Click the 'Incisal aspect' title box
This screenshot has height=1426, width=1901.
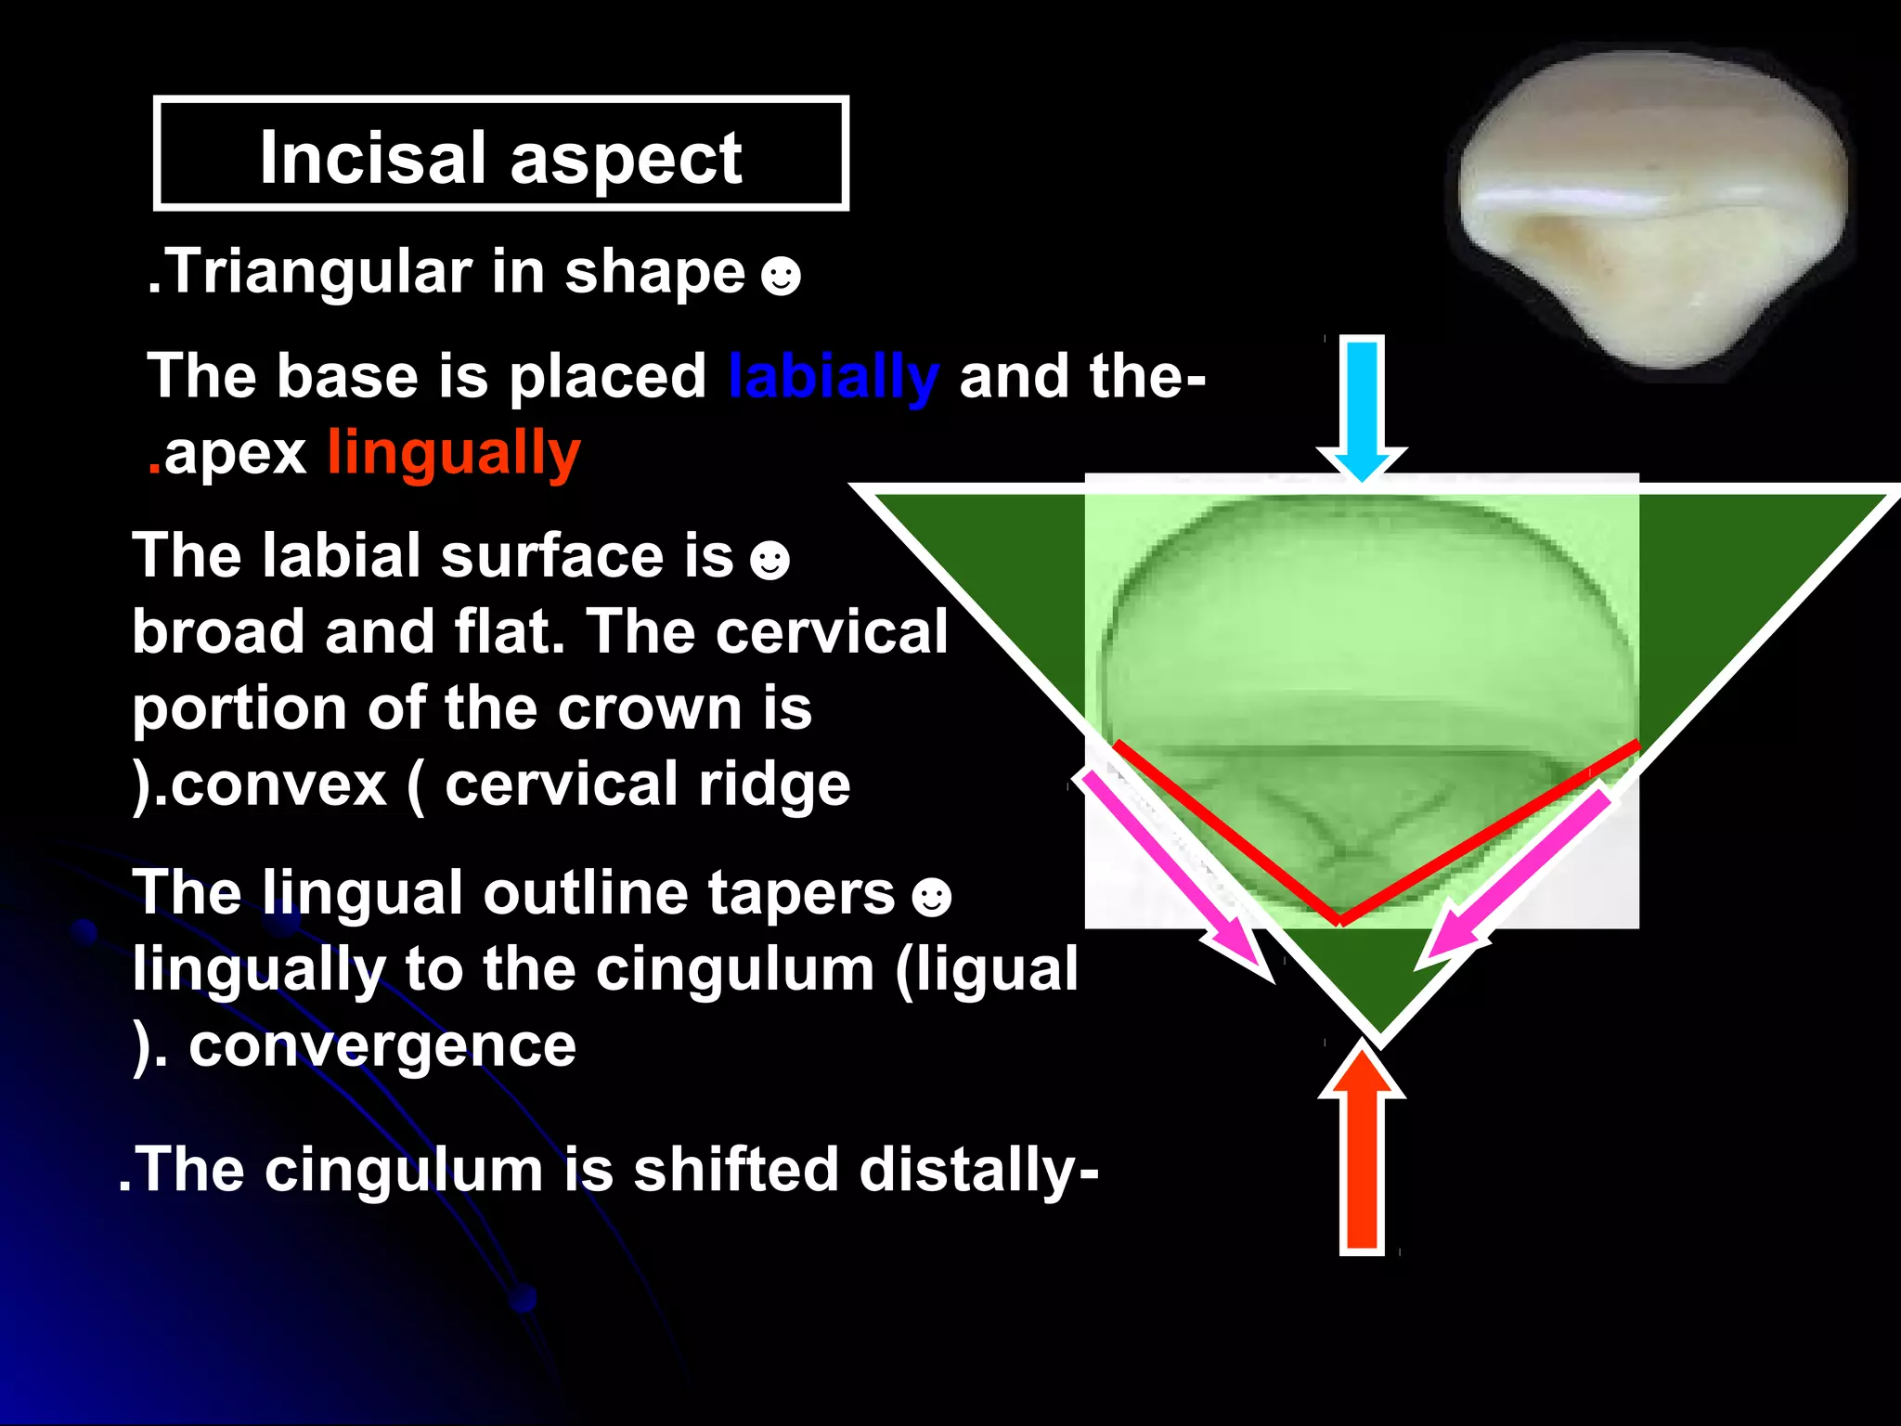(500, 154)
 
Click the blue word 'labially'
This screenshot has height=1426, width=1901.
(833, 378)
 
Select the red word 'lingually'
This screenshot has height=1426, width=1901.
(454, 453)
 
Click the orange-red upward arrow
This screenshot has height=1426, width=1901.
(1362, 1151)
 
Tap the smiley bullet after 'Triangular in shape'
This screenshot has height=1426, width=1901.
(780, 276)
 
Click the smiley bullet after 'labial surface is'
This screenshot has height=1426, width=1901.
(769, 561)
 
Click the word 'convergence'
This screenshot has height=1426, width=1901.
(382, 1046)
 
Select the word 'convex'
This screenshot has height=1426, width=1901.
(278, 785)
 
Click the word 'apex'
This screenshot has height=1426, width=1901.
(235, 453)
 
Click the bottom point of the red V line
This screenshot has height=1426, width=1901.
(1339, 920)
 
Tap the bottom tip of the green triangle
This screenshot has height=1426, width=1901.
(1379, 1032)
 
